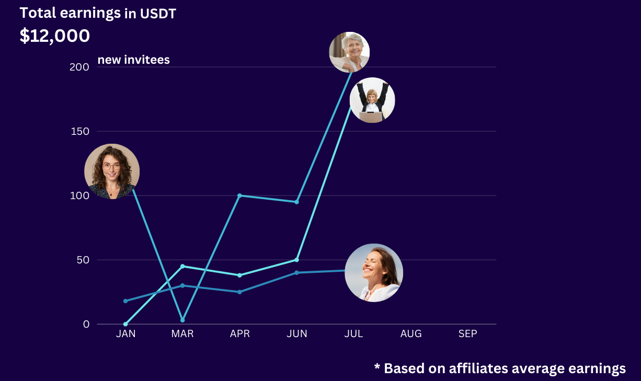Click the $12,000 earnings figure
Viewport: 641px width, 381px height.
[55, 36]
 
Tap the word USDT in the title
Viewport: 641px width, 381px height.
[158, 14]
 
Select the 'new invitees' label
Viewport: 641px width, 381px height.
[134, 60]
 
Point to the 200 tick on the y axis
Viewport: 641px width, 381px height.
[78, 67]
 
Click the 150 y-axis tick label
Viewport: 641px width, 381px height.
[79, 131]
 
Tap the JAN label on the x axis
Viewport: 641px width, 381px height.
[125, 333]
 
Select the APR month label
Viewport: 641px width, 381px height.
[240, 333]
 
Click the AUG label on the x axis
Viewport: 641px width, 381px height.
[411, 333]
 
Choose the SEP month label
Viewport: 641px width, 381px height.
[468, 333]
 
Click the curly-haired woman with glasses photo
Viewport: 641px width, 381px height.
[112, 171]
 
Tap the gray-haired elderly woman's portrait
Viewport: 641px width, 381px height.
[349, 52]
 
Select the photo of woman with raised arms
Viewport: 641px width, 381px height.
[372, 100]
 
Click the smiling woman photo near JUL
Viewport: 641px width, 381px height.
[374, 273]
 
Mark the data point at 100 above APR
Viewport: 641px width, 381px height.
[239, 195]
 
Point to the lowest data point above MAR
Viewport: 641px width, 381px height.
[182, 320]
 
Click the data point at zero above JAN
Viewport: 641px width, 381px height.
[125, 324]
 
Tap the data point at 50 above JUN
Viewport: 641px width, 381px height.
[296, 260]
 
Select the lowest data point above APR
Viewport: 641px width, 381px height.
[239, 292]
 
